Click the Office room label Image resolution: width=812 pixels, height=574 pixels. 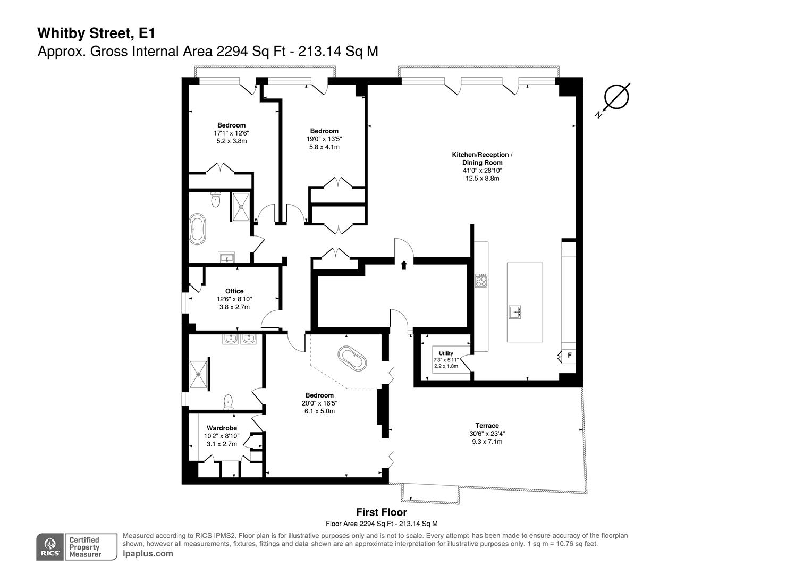(x=234, y=291)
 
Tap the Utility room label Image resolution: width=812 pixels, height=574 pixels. (x=446, y=353)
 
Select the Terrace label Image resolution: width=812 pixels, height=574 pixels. (x=487, y=425)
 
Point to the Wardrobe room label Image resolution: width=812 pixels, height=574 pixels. (x=222, y=428)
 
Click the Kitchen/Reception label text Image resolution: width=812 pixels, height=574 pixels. (x=481, y=155)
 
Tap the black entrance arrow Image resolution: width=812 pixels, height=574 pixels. (x=404, y=265)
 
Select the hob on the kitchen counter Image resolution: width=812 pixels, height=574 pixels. (x=481, y=281)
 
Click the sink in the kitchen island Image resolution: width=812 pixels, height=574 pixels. (x=515, y=312)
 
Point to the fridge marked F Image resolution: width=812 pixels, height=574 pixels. (x=569, y=356)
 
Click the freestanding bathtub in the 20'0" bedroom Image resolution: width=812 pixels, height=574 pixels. (x=352, y=358)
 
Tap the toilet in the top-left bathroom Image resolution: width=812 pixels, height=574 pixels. (x=216, y=200)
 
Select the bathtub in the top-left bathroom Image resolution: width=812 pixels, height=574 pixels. (x=198, y=229)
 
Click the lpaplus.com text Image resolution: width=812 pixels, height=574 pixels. (x=148, y=554)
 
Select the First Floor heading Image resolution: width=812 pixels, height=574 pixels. (x=382, y=512)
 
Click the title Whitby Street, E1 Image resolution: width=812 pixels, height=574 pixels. (x=96, y=33)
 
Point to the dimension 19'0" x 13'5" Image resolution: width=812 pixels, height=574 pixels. (x=324, y=139)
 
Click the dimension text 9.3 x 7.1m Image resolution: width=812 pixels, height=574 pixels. (x=487, y=441)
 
